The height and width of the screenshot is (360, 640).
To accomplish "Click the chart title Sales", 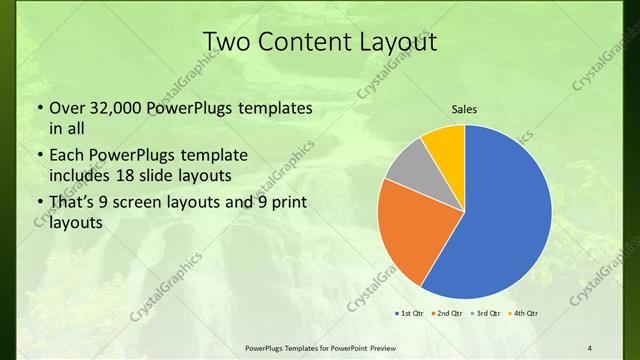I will tap(464, 109).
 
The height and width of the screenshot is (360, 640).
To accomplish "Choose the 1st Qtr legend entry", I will tap(408, 315).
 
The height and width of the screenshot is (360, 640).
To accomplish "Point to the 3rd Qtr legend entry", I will tap(485, 315).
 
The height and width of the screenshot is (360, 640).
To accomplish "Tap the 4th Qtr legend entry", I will tap(524, 315).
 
